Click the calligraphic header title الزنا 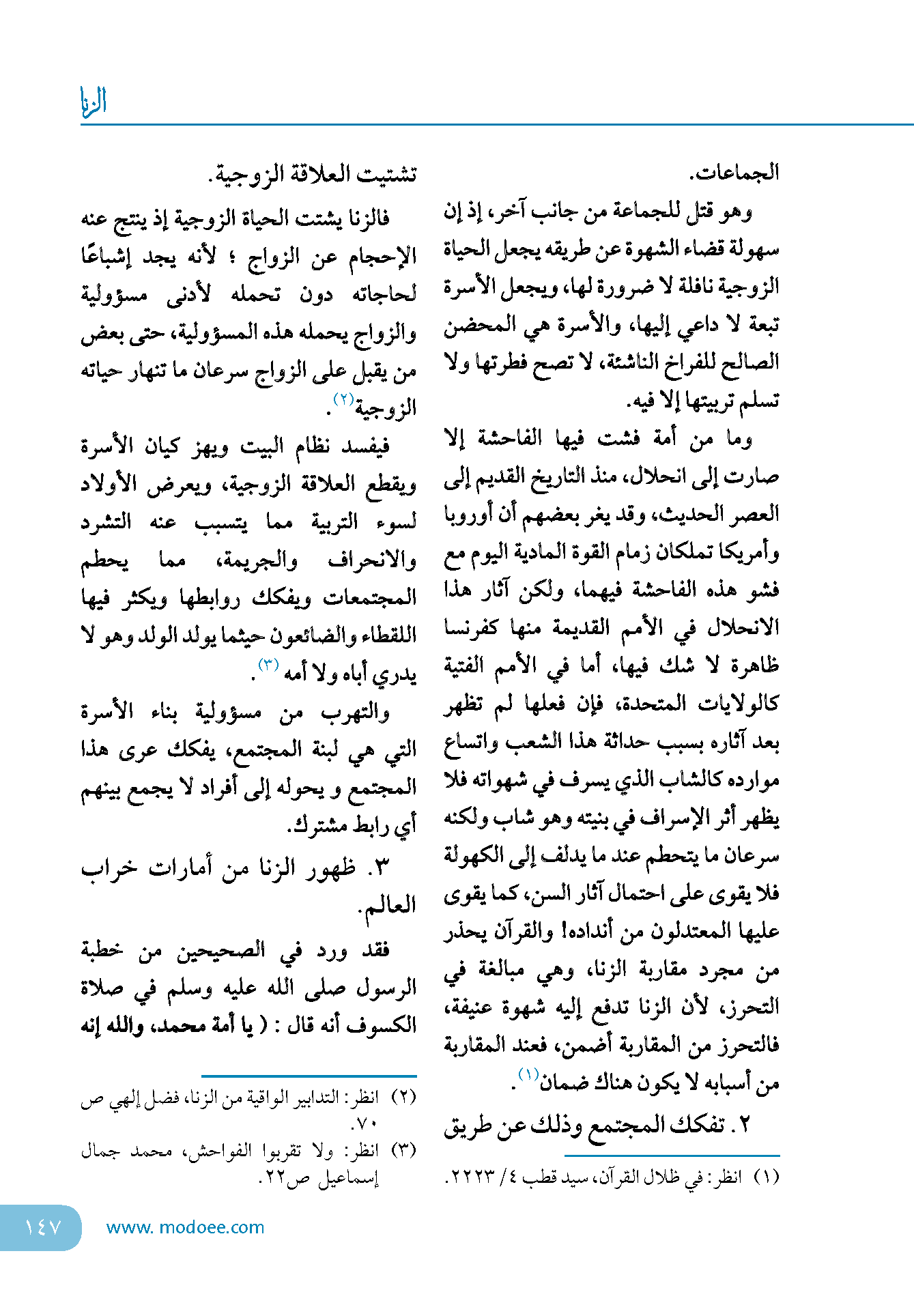pos(94,101)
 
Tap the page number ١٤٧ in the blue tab pos(42,1227)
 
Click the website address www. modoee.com pos(185,1227)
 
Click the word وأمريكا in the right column pos(748,551)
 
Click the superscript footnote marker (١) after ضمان pos(528,1074)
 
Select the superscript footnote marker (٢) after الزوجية pos(343,399)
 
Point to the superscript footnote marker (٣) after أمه pos(268,664)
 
